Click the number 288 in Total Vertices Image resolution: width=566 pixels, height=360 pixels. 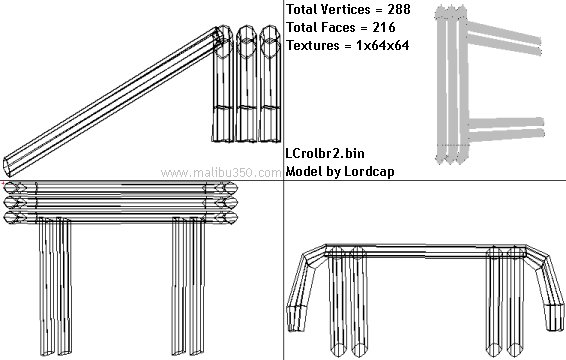(399, 9)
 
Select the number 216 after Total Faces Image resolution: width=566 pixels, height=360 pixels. (384, 27)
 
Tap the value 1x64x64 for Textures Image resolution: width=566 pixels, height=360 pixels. (383, 45)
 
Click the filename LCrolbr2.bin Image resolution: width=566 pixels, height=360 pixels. (325, 154)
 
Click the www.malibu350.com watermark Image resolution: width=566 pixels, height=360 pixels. (221, 173)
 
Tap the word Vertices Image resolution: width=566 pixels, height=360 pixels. (346, 9)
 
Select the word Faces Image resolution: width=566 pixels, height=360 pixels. (338, 27)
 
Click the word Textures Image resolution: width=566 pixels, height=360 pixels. (313, 45)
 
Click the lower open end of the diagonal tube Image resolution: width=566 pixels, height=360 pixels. (7, 166)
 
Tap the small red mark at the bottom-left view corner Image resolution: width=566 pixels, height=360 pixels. (2, 183)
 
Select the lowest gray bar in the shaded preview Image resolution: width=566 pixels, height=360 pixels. (506, 135)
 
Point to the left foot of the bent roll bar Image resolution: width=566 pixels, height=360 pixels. (296, 319)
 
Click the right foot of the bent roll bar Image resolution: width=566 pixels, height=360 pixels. (554, 318)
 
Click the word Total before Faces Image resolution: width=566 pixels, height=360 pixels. (302, 27)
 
